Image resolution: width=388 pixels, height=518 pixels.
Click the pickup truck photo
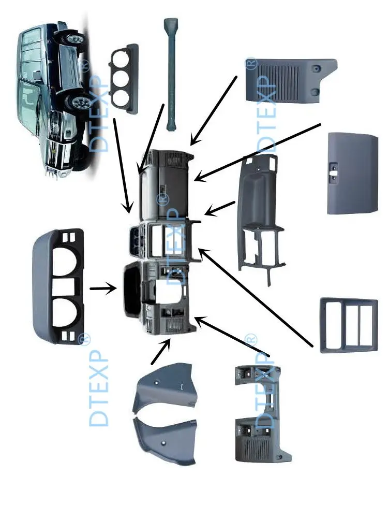pyautogui.click(x=52, y=98)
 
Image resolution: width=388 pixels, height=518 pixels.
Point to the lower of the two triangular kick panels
pyautogui.click(x=166, y=440)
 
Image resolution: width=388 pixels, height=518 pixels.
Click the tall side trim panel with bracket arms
pyautogui.click(x=259, y=218)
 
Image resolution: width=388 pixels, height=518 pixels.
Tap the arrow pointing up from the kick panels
pyautogui.click(x=161, y=352)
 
